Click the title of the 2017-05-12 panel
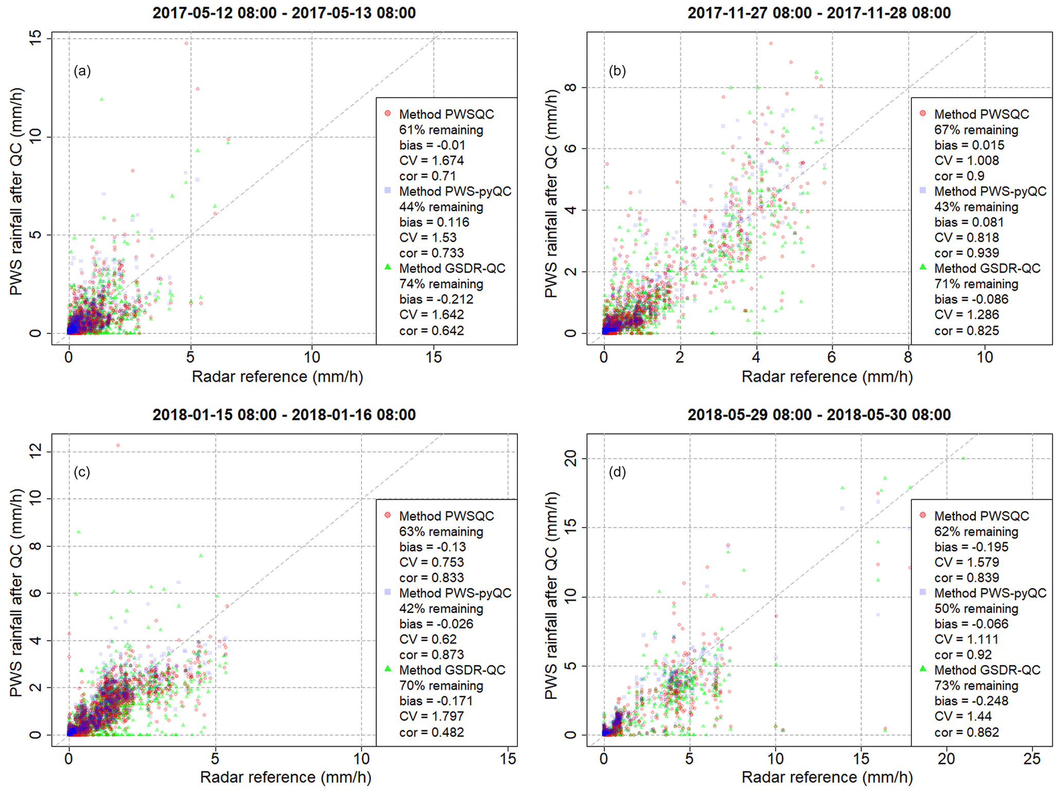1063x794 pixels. pyautogui.click(x=284, y=13)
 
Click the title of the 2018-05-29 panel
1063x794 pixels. pyautogui.click(x=819, y=414)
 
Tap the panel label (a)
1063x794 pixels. pyautogui.click(x=82, y=71)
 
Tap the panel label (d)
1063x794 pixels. pyautogui.click(x=617, y=472)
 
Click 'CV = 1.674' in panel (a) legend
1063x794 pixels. pyautogui.click(x=431, y=160)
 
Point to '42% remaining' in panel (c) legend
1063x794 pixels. pyautogui.click(x=441, y=608)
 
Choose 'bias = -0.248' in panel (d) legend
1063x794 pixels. pyautogui.click(x=971, y=701)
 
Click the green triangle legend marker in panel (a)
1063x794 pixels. pyautogui.click(x=388, y=267)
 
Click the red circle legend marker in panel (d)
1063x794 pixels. pyautogui.click(x=923, y=515)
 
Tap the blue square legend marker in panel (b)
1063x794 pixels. pyautogui.click(x=923, y=190)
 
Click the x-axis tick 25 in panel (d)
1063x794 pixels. pyautogui.click(x=1032, y=759)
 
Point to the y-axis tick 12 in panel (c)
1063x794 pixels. pyautogui.click(x=35, y=452)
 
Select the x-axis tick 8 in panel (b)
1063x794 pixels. pyautogui.click(x=908, y=357)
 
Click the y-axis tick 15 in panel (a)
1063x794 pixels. pyautogui.click(x=35, y=38)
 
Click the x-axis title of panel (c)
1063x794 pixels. pyautogui.click(x=285, y=777)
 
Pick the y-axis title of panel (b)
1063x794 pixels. pyautogui.click(x=551, y=193)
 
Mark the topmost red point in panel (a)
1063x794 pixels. pyautogui.click(x=187, y=44)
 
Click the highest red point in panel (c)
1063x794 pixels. pyautogui.click(x=118, y=445)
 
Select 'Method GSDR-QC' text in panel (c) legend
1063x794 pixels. pyautogui.click(x=452, y=670)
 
